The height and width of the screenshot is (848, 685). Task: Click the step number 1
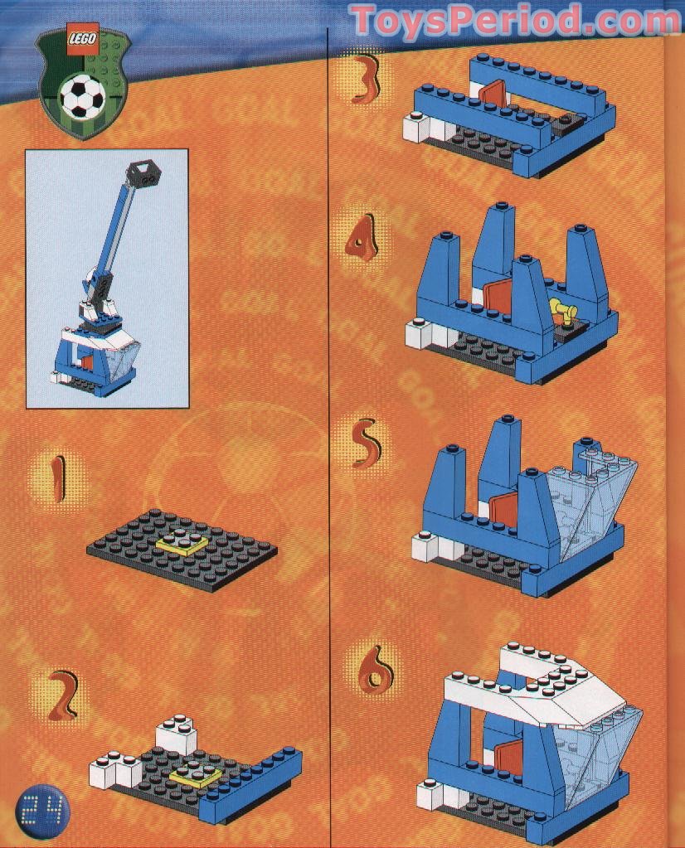click(56, 479)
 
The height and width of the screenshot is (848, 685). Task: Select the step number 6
click(375, 669)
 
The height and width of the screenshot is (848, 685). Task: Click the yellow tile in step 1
click(182, 544)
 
